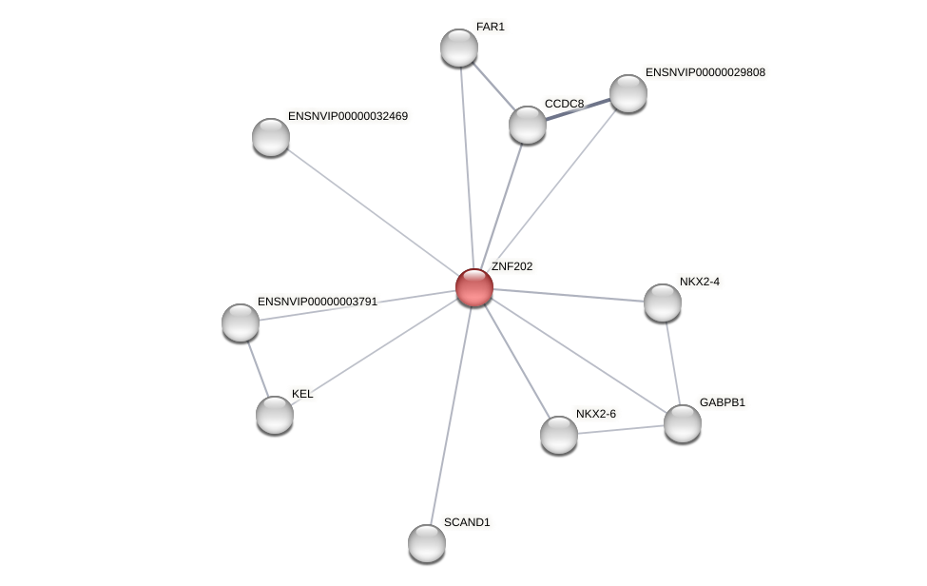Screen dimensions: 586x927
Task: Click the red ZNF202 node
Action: [473, 287]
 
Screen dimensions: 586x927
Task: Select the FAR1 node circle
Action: [458, 48]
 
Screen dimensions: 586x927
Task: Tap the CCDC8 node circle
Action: [528, 125]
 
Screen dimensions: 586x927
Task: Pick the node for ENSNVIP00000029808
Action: [628, 93]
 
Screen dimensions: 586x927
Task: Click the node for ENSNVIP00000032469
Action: [271, 137]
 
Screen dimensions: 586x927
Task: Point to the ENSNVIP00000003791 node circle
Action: [241, 322]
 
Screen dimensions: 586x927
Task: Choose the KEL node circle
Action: [275, 415]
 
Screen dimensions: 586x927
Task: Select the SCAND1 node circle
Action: [427, 543]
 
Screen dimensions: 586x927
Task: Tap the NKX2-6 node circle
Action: [559, 435]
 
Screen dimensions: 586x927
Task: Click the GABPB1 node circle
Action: [682, 423]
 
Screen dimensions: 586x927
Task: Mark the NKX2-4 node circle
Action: [663, 303]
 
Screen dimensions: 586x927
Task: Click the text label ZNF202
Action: [512, 266]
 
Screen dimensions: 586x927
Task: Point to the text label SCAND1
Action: [467, 522]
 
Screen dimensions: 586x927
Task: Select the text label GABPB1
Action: [723, 402]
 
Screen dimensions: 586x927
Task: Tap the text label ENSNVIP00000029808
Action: [705, 72]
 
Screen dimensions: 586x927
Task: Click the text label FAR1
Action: [491, 27]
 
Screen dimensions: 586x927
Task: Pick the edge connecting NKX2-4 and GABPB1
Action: [672, 363]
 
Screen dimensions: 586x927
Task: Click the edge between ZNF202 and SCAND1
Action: [451, 415]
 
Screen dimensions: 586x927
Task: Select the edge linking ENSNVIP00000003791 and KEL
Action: [258, 369]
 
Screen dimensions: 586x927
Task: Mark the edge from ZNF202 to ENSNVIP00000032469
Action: [372, 212]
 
